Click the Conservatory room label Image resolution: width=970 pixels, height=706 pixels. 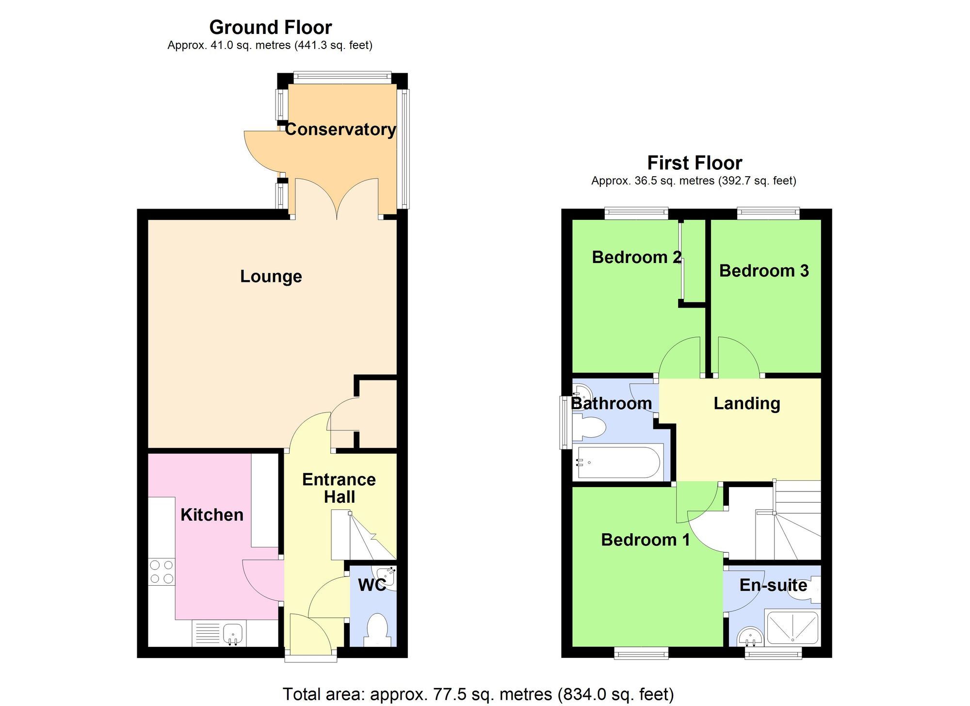(x=340, y=130)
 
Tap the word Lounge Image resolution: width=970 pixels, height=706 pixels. (x=271, y=277)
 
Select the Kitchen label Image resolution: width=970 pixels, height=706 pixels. (x=212, y=515)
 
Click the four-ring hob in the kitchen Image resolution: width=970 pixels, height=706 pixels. (x=162, y=572)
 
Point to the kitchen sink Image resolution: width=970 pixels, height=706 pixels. (x=233, y=634)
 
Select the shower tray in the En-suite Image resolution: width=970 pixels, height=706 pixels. (x=792, y=627)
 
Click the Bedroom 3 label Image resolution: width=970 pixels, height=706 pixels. (x=763, y=271)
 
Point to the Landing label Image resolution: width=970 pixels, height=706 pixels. (x=746, y=403)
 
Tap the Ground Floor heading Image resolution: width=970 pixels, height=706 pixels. (x=270, y=28)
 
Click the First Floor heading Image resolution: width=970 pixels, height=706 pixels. (x=694, y=163)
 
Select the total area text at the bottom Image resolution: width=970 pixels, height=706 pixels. (x=478, y=694)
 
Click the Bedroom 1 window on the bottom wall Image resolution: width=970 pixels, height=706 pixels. (x=641, y=653)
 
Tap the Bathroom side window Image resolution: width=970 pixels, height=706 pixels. (x=564, y=422)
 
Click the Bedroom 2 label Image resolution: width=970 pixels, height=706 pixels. (x=636, y=257)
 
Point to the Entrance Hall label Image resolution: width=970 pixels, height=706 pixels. (x=339, y=488)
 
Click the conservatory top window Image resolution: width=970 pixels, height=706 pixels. (x=342, y=76)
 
